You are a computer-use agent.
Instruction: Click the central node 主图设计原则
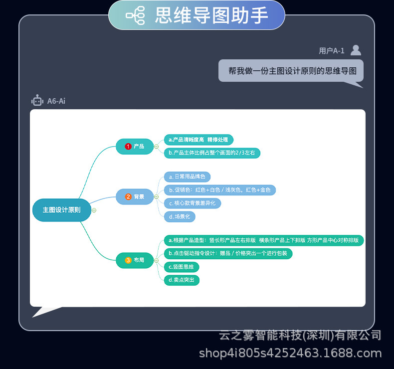61,210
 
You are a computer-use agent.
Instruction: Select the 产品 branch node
135,147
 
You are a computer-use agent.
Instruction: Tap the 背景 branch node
135,197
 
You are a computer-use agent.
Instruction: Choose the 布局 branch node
135,260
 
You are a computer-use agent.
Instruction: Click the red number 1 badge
128,147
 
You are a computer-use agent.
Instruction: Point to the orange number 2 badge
128,197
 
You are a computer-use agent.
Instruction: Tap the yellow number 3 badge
128,260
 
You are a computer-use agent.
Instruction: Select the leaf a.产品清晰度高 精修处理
198,140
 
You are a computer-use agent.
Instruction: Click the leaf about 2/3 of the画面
212,153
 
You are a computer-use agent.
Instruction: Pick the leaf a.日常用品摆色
187,177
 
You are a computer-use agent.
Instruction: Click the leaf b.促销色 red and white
219,190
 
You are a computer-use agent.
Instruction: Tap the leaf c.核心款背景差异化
192,203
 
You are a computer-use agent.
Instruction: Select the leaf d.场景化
180,217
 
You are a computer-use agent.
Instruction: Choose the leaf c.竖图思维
181,267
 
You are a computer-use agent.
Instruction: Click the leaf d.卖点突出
182,280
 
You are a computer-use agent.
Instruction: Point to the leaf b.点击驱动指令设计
228,253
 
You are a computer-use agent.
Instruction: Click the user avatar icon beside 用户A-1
356,50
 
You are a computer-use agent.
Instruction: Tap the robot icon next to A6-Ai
37,101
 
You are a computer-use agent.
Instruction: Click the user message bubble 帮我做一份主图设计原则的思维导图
291,71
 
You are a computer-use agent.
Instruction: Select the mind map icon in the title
135,15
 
